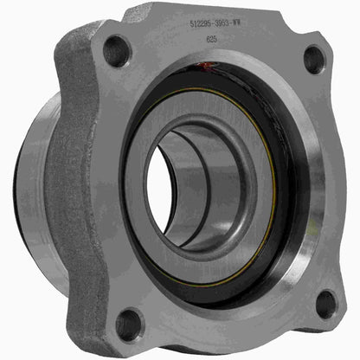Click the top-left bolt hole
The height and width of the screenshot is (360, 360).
point(117,51)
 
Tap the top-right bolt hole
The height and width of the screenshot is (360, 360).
point(313,60)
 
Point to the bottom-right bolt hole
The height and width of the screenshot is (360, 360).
point(325,303)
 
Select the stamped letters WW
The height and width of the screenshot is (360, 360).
point(261,27)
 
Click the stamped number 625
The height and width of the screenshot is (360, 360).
point(212,40)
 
